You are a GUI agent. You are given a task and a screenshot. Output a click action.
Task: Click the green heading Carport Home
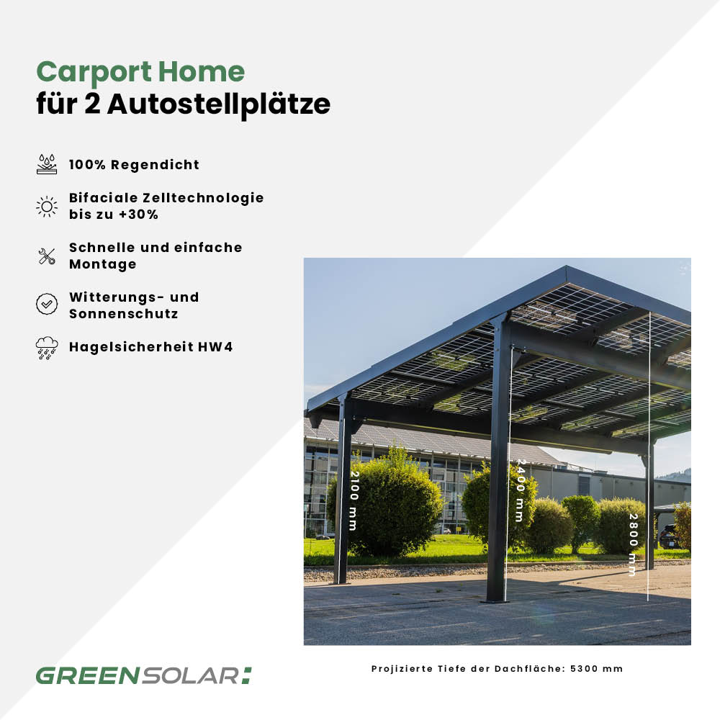pyautogui.click(x=140, y=72)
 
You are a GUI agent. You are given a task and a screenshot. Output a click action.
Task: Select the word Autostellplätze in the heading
pyautogui.click(x=219, y=104)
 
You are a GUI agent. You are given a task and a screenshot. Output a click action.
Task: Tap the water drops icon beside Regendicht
pyautogui.click(x=47, y=164)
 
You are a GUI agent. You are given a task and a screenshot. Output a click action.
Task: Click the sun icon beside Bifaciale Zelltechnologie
pyautogui.click(x=47, y=207)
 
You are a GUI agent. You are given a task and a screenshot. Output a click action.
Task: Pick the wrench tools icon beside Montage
pyautogui.click(x=47, y=256)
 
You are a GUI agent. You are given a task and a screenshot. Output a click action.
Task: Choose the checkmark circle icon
pyautogui.click(x=47, y=304)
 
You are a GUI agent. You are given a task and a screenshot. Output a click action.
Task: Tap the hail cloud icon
pyautogui.click(x=47, y=348)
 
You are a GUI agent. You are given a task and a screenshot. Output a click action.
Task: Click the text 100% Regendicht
pyautogui.click(x=134, y=165)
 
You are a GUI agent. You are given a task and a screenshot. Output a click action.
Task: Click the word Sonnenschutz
pyautogui.click(x=123, y=314)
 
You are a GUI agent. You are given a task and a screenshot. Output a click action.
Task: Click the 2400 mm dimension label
pyautogui.click(x=520, y=490)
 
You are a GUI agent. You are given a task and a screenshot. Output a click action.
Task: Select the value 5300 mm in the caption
pyautogui.click(x=596, y=669)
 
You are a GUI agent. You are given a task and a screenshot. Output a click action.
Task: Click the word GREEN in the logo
pyautogui.click(x=83, y=676)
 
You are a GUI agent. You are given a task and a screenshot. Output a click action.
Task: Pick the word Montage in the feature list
pyautogui.click(x=102, y=264)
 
